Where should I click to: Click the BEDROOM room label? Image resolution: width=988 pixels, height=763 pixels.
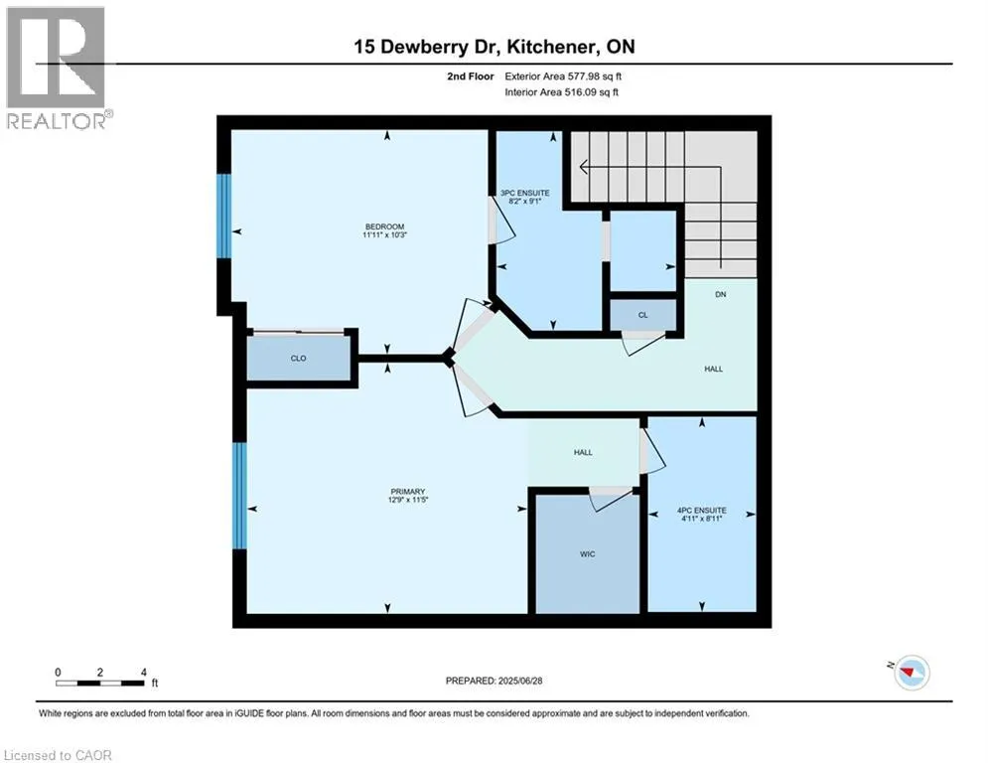coord(384,228)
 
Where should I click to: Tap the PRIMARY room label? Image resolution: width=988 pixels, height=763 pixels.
coord(407,492)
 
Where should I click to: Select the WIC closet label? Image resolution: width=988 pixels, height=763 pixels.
coord(587,553)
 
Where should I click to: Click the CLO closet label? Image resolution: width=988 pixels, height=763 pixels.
coord(298,359)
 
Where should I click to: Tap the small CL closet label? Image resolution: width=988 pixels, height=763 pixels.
coord(642,315)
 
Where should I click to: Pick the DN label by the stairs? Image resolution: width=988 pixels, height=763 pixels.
coord(721,295)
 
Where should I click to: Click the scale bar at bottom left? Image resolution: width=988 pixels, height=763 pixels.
coord(100,682)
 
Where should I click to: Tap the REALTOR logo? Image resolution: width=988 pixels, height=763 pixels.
coord(58,68)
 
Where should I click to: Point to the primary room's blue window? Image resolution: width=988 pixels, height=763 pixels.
coord(238,495)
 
